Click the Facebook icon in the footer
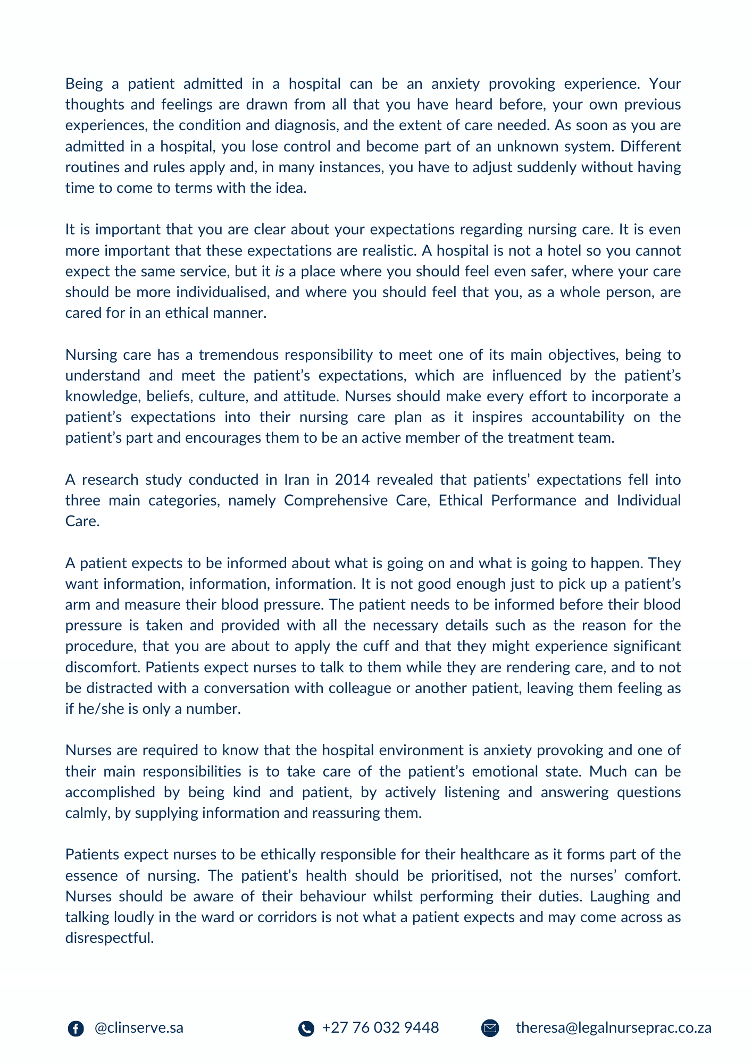pos(76,1028)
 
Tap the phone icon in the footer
pos(306,1028)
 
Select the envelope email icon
pos(490,1028)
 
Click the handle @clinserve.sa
pos(139,1028)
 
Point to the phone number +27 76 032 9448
pos(380,1028)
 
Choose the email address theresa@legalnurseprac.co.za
pos(613,1028)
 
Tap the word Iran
pos(296,480)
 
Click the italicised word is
pos(279,272)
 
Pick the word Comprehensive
pos(336,501)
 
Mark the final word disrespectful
pos(109,938)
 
